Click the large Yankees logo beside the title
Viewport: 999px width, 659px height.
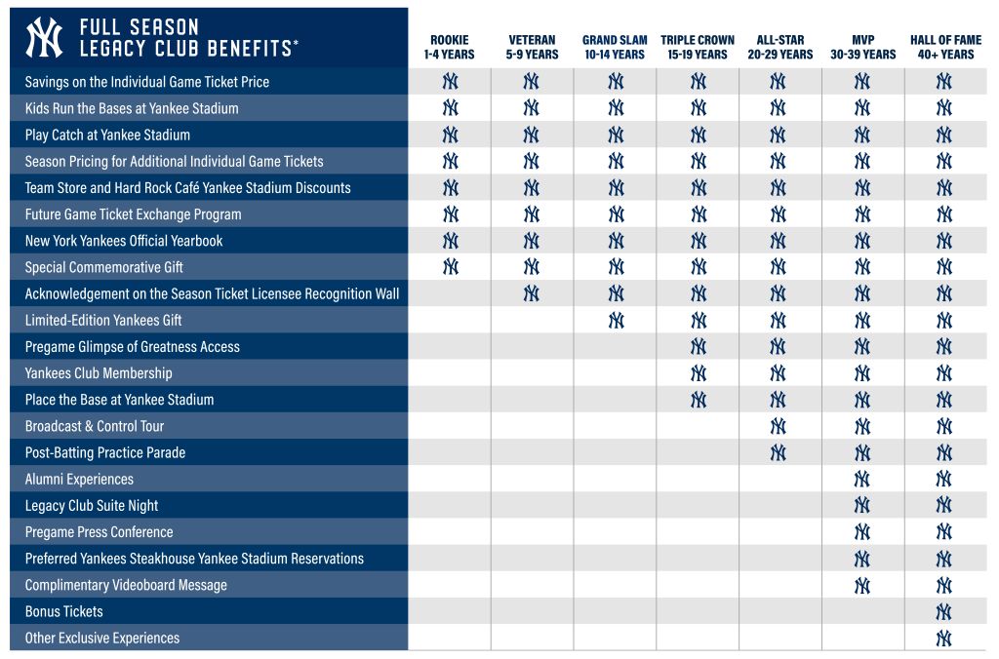pyautogui.click(x=44, y=37)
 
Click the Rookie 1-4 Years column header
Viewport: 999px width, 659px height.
pyautogui.click(x=449, y=48)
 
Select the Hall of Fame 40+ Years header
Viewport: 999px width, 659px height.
pyautogui.click(x=943, y=48)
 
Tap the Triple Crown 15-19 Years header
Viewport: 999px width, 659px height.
pyautogui.click(x=698, y=48)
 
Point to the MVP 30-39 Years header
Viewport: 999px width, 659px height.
pyautogui.click(x=862, y=48)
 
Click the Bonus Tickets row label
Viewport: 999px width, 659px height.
pyautogui.click(x=63, y=611)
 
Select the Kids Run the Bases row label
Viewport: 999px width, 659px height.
pyautogui.click(x=132, y=108)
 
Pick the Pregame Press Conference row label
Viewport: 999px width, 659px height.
pyautogui.click(x=99, y=532)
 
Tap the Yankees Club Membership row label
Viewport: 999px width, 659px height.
pyautogui.click(x=99, y=373)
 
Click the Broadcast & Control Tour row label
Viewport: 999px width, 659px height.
pyautogui.click(x=95, y=426)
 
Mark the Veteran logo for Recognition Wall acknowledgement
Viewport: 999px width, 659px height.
pyautogui.click(x=532, y=293)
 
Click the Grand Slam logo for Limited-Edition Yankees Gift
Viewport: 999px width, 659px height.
pyautogui.click(x=616, y=320)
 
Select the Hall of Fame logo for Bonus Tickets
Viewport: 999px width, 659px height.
pyautogui.click(x=943, y=611)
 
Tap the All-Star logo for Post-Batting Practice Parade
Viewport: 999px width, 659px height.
pyautogui.click(x=778, y=452)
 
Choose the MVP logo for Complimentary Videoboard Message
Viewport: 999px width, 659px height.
pyautogui.click(x=862, y=585)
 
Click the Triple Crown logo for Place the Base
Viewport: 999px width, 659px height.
pyautogui.click(x=699, y=400)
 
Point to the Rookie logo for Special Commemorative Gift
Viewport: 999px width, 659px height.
pyautogui.click(x=450, y=267)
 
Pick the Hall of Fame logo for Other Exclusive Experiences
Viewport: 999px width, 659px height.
pyautogui.click(x=943, y=638)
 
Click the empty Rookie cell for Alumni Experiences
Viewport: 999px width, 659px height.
pyautogui.click(x=450, y=479)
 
